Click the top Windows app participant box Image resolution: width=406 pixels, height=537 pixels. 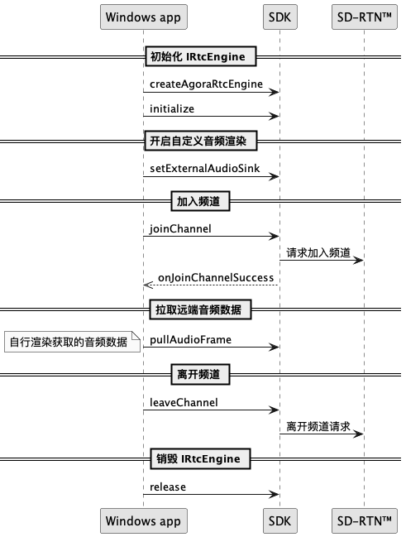click(143, 17)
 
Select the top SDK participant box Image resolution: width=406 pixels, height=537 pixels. click(279, 17)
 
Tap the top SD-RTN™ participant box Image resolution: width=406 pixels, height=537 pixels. click(364, 17)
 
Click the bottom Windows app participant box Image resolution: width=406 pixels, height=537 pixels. click(143, 521)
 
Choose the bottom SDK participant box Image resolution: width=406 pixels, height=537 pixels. click(279, 521)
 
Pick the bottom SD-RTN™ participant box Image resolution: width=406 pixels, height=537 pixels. click(364, 521)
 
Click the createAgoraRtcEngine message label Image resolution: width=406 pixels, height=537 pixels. click(206, 84)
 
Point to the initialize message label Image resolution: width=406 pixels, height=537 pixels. click(172, 109)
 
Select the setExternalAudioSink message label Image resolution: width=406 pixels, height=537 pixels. click(205, 168)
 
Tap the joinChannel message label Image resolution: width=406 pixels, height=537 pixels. click(180, 228)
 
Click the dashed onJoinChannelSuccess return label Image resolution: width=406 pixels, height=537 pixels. click(216, 277)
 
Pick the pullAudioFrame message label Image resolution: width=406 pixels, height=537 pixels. click(190, 340)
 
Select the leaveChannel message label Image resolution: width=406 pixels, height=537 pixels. click(184, 402)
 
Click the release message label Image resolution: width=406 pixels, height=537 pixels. click(168, 487)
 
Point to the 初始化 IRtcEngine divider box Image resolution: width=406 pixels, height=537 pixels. click(201, 56)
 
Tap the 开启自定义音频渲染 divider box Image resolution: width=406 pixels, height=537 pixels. click(201, 141)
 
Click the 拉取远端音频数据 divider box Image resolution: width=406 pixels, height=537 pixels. click(200, 309)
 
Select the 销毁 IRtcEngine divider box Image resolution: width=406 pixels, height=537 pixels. click(200, 458)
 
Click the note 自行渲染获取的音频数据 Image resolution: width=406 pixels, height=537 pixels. click(72, 342)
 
